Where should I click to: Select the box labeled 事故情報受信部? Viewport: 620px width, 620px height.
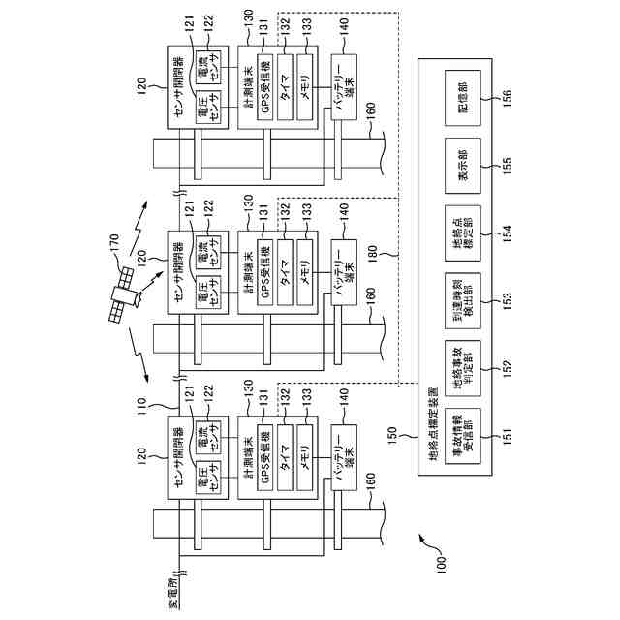pos(463,436)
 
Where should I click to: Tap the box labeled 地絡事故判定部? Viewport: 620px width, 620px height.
pos(463,368)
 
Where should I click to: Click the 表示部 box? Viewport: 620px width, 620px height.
pos(463,162)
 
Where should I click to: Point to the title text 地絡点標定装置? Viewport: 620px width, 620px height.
pos(431,443)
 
